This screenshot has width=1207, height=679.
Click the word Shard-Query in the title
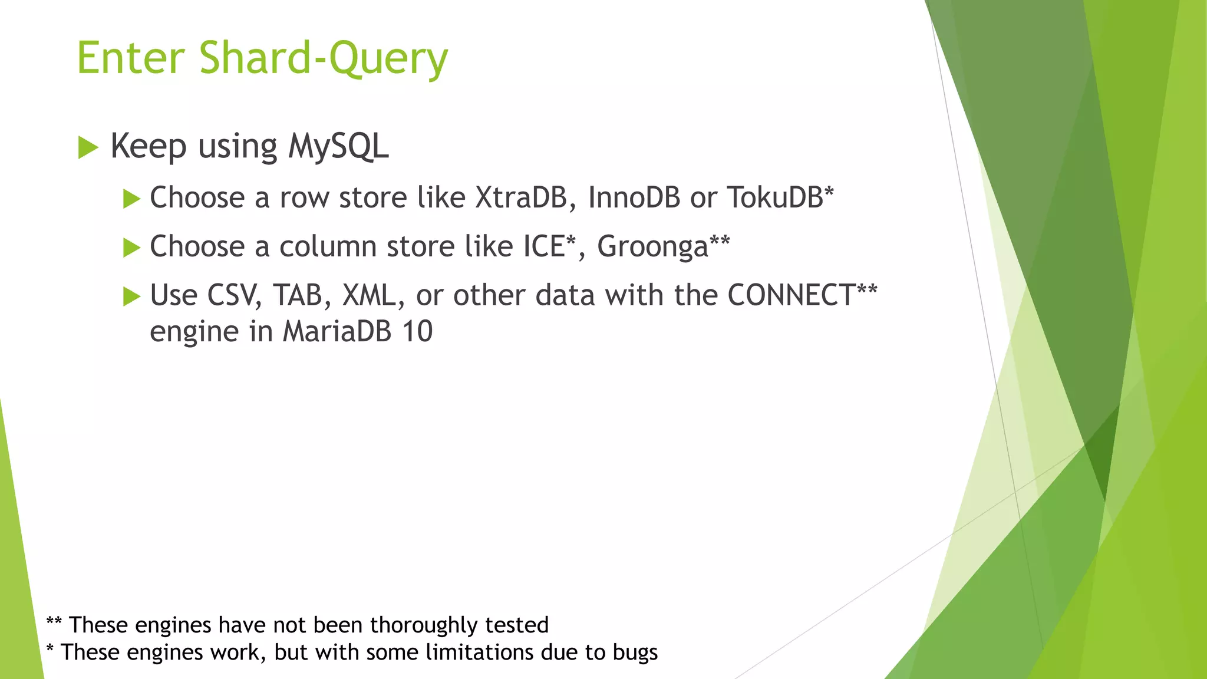pos(324,58)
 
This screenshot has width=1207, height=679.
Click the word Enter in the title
pos(131,58)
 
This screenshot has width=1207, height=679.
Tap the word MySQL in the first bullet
pos(338,146)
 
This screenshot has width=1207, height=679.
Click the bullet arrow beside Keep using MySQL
pos(88,147)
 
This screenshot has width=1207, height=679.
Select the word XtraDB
pos(521,197)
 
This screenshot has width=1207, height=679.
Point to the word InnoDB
pos(634,197)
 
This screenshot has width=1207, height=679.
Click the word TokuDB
pos(774,197)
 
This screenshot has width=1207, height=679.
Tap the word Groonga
pos(652,247)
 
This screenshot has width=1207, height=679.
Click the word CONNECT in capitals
pos(791,295)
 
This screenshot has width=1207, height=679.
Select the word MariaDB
pos(337,331)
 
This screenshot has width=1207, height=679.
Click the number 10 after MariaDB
pos(417,331)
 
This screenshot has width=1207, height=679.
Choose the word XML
pos(369,295)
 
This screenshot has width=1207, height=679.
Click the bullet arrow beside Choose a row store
pos(131,199)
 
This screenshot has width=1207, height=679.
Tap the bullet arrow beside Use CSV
pos(131,296)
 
